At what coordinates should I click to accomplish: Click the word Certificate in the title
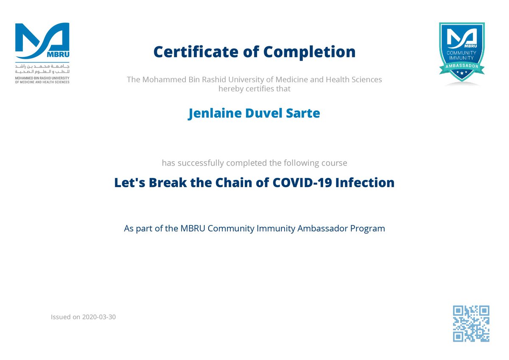tap(196, 52)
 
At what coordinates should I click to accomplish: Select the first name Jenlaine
tap(215, 113)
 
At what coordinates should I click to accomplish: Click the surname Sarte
tap(303, 113)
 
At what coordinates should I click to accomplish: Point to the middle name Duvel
tap(263, 113)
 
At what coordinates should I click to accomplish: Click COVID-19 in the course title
tap(302, 183)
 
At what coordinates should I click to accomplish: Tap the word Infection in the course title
tap(365, 183)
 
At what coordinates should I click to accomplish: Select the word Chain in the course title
tap(234, 183)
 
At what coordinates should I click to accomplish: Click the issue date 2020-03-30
tap(99, 317)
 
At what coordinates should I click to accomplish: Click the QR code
tap(471, 323)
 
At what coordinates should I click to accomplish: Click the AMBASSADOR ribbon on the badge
tap(462, 66)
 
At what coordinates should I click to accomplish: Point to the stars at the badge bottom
tap(462, 73)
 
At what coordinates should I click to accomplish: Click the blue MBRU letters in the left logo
tap(58, 55)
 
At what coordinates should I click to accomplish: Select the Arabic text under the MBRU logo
tap(42, 69)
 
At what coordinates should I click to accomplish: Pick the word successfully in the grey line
tap(201, 163)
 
